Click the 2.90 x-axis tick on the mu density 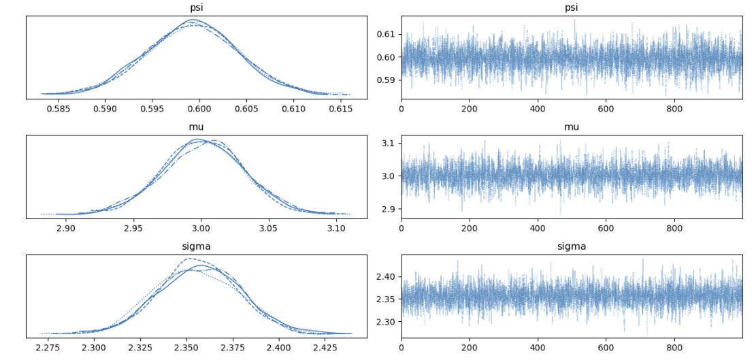pyautogui.click(x=66, y=228)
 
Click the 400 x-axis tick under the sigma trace pyautogui.click(x=538, y=347)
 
